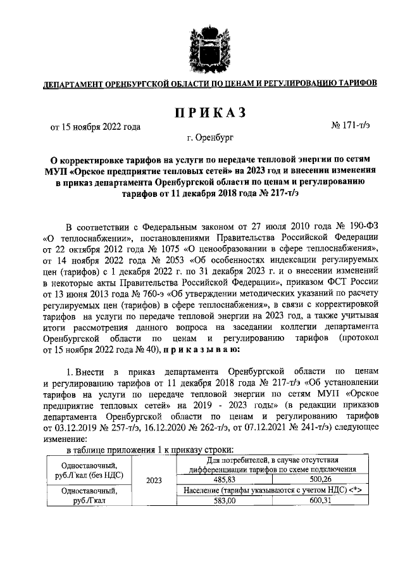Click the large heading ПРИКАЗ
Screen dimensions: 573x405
pos(202,112)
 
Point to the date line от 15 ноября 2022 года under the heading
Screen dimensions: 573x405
pos(96,126)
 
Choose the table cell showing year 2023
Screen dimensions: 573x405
pos(154,481)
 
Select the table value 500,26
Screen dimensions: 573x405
pos(320,481)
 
